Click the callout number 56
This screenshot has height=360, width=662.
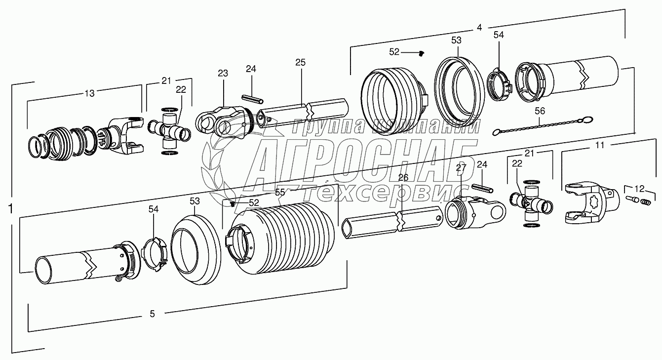coord(540,111)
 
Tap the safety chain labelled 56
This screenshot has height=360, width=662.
coord(543,125)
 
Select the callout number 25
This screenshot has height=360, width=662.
coord(300,62)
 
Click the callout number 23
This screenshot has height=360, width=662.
coord(223,73)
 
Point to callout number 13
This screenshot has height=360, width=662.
coord(89,93)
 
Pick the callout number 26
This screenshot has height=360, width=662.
coord(403,178)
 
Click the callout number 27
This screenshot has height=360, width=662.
coord(461,168)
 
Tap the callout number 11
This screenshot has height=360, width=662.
coord(600,145)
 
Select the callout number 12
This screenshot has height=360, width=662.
coord(639,189)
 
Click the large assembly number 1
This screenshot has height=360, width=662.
coord(11,209)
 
